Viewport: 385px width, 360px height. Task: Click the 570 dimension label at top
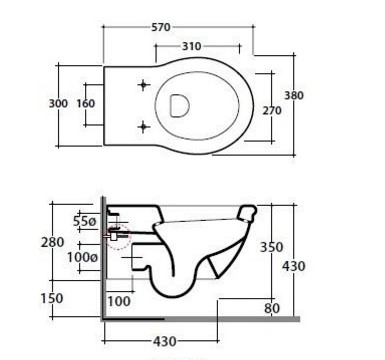[161, 27]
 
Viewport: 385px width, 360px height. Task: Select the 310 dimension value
[192, 46]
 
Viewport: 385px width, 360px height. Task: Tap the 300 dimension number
[58, 103]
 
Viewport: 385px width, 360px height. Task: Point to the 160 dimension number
[86, 103]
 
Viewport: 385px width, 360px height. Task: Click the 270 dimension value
[272, 110]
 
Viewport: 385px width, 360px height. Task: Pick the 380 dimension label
[294, 95]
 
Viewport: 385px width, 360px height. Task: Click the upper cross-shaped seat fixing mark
[143, 85]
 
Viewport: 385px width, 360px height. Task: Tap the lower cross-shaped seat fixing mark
[143, 127]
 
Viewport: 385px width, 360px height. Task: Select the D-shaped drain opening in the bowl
[180, 106]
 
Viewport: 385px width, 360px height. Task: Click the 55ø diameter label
[84, 221]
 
